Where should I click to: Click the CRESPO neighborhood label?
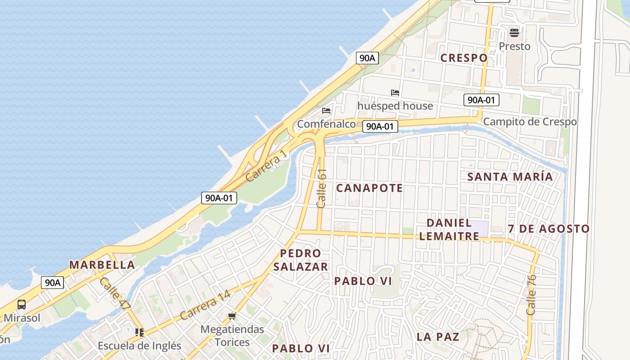(x=464, y=58)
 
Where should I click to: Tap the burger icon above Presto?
(x=514, y=32)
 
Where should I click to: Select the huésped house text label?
(x=395, y=106)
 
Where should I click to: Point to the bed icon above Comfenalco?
(x=326, y=110)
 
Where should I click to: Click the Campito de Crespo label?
(x=530, y=121)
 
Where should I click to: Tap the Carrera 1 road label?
(x=266, y=166)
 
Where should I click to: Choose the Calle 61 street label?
(x=321, y=188)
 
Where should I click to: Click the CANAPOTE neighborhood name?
(x=369, y=188)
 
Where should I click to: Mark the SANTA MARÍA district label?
(x=510, y=176)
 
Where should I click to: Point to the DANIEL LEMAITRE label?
(x=449, y=229)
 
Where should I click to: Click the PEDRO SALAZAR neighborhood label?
(x=301, y=260)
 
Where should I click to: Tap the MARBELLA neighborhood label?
(x=102, y=265)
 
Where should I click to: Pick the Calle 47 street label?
(x=115, y=293)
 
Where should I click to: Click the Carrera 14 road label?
(x=205, y=305)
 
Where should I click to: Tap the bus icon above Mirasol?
(x=21, y=305)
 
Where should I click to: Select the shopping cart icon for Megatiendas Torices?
(x=232, y=316)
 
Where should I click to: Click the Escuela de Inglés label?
(x=139, y=346)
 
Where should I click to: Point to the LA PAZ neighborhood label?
(x=437, y=337)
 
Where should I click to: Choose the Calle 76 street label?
(x=531, y=295)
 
